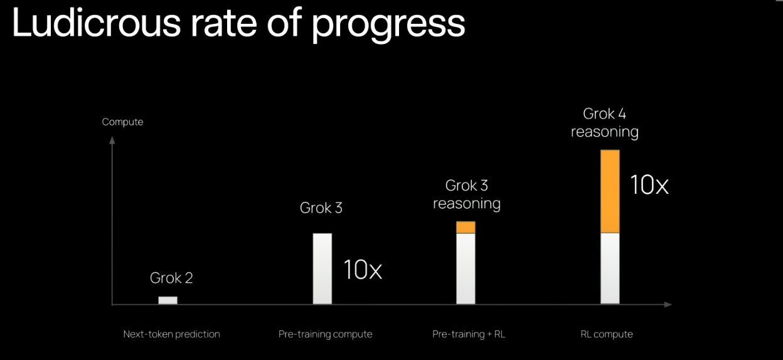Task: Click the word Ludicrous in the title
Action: (97, 22)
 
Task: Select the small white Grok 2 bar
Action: (168, 300)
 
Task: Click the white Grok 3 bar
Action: (322, 269)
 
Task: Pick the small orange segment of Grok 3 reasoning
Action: (466, 227)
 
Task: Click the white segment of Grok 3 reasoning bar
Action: (466, 269)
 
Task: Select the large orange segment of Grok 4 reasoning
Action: (610, 191)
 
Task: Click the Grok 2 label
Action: (171, 278)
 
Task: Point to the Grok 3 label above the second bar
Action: (321, 208)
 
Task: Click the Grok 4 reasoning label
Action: (605, 124)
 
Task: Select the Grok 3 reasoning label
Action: (467, 195)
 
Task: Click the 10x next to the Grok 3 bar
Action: (363, 270)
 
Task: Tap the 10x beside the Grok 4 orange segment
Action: (649, 184)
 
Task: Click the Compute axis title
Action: (123, 122)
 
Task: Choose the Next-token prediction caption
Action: (172, 334)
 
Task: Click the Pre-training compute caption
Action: (326, 334)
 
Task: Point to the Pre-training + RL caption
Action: (469, 334)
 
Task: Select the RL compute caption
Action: (607, 334)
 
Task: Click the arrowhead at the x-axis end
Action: (668, 304)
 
